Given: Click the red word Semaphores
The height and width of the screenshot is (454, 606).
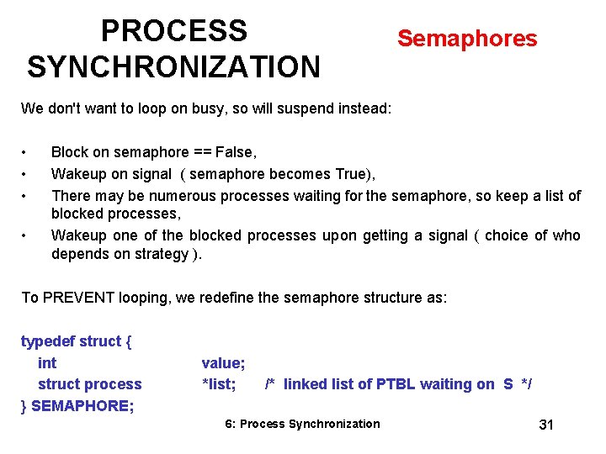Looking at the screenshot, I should click(x=466, y=39).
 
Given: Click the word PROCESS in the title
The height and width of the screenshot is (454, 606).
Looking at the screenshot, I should click(x=173, y=31).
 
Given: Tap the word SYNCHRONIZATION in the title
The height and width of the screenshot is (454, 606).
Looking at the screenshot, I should click(x=173, y=66).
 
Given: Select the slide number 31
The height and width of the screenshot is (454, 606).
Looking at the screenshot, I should click(x=545, y=425).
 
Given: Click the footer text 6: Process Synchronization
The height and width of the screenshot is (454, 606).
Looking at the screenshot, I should click(x=302, y=424).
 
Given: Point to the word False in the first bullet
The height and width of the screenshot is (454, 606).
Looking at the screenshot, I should click(x=235, y=152).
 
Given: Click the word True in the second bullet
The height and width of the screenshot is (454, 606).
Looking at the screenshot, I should click(x=353, y=174).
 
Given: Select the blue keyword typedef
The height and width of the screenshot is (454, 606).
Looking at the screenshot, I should click(x=47, y=341).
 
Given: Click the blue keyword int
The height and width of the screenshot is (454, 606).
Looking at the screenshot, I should click(x=47, y=363).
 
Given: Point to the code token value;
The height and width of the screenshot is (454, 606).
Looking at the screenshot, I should click(x=223, y=363).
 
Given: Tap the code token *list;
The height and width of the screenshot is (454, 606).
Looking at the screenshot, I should click(x=219, y=384).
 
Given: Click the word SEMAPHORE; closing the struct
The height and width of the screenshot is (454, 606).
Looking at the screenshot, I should click(x=82, y=406).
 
